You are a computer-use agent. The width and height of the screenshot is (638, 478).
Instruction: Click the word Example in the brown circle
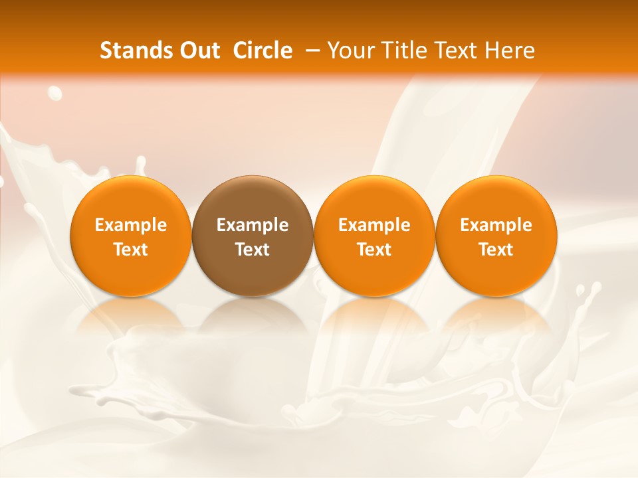[x=253, y=225]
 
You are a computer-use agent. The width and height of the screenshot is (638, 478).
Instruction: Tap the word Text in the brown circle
[x=253, y=250]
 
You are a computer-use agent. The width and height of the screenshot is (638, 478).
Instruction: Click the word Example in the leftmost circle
[x=131, y=225]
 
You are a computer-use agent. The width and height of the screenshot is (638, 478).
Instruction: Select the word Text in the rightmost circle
[x=496, y=250]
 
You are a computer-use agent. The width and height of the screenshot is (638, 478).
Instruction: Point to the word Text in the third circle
[x=374, y=250]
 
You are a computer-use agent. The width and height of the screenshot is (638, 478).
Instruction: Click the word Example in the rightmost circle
[x=496, y=225]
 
